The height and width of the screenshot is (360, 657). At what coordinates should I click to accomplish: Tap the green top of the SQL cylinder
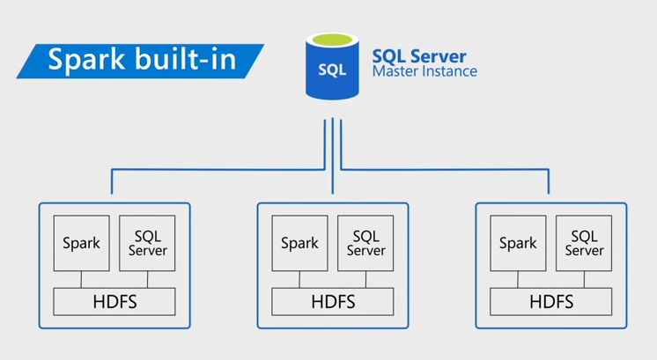point(331,40)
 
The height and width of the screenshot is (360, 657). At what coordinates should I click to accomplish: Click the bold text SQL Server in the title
point(419,56)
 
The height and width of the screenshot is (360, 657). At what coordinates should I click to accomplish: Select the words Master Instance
point(424,72)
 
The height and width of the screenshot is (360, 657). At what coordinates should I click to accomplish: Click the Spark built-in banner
point(140,60)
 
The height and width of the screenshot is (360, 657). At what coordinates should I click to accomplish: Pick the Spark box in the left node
point(81,244)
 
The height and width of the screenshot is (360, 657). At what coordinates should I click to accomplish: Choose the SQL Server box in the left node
point(147,244)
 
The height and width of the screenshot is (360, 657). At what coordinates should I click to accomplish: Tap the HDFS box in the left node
point(114,302)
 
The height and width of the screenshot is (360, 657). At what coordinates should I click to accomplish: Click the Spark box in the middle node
point(299,244)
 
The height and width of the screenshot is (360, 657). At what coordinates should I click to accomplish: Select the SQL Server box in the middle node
point(365,244)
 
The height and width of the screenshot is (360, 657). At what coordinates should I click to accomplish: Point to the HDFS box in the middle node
point(333,302)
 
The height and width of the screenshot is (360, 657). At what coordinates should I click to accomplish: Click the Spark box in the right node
point(518,244)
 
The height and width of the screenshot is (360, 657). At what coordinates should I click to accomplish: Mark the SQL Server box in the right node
point(584,244)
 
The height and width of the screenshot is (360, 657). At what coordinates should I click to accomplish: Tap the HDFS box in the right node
point(551,302)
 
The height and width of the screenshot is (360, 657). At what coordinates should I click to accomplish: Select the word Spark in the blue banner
point(83,60)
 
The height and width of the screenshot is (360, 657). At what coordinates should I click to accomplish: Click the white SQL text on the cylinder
point(331,71)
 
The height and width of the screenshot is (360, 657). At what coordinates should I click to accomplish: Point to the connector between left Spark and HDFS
point(81,279)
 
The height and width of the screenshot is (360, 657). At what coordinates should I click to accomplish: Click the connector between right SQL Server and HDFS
point(584,279)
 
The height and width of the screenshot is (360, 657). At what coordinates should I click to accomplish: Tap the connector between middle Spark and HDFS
point(299,279)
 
